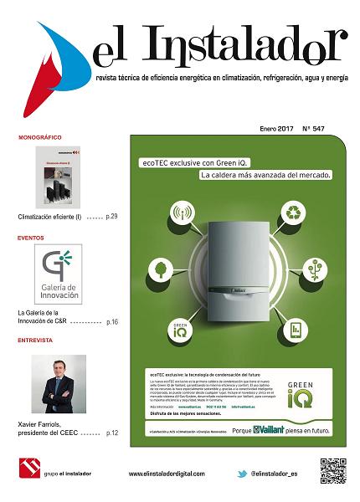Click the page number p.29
pos(112,217)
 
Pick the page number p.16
pos(112,321)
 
